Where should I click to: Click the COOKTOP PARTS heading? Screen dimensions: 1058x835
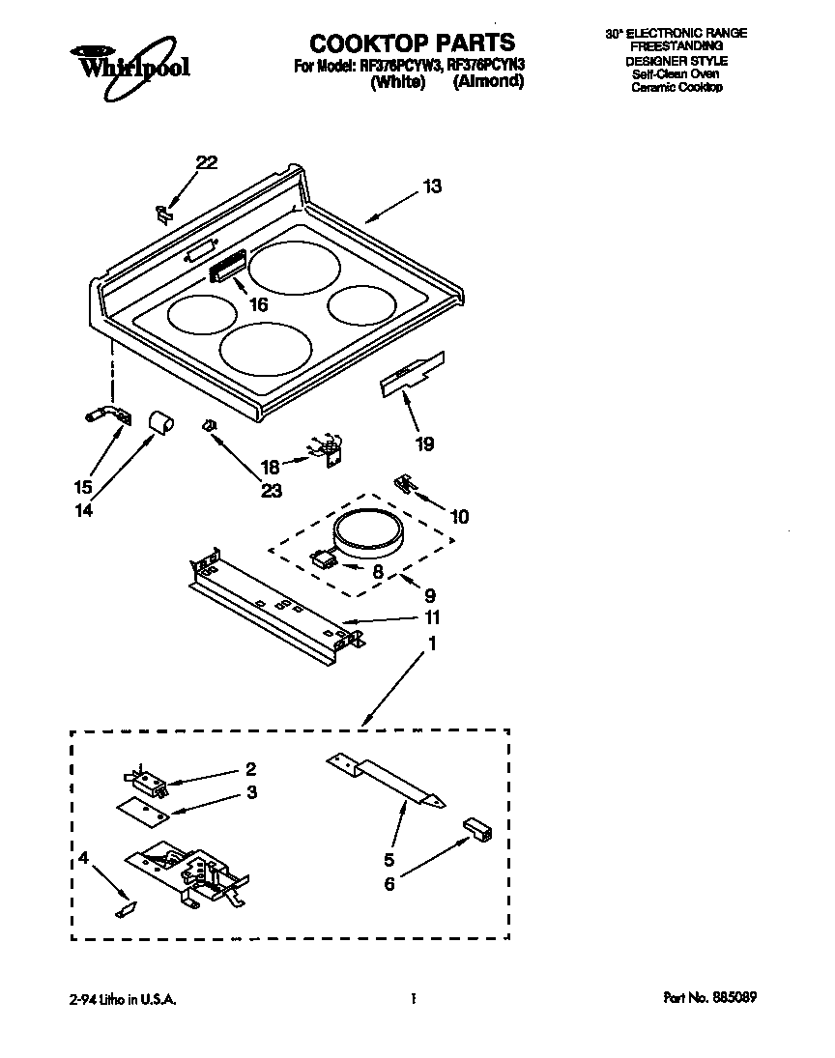click(412, 43)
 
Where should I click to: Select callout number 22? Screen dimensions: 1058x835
click(207, 163)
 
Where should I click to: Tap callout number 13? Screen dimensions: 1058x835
click(431, 186)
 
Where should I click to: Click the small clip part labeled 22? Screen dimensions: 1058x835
click(164, 212)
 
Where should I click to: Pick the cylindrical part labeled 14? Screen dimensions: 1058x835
click(159, 421)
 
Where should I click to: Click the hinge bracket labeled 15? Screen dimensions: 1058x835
click(101, 415)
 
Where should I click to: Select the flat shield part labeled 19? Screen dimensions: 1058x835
click(413, 372)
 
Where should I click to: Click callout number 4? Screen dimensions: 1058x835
click(84, 856)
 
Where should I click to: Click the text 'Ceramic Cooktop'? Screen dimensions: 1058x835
click(677, 87)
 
